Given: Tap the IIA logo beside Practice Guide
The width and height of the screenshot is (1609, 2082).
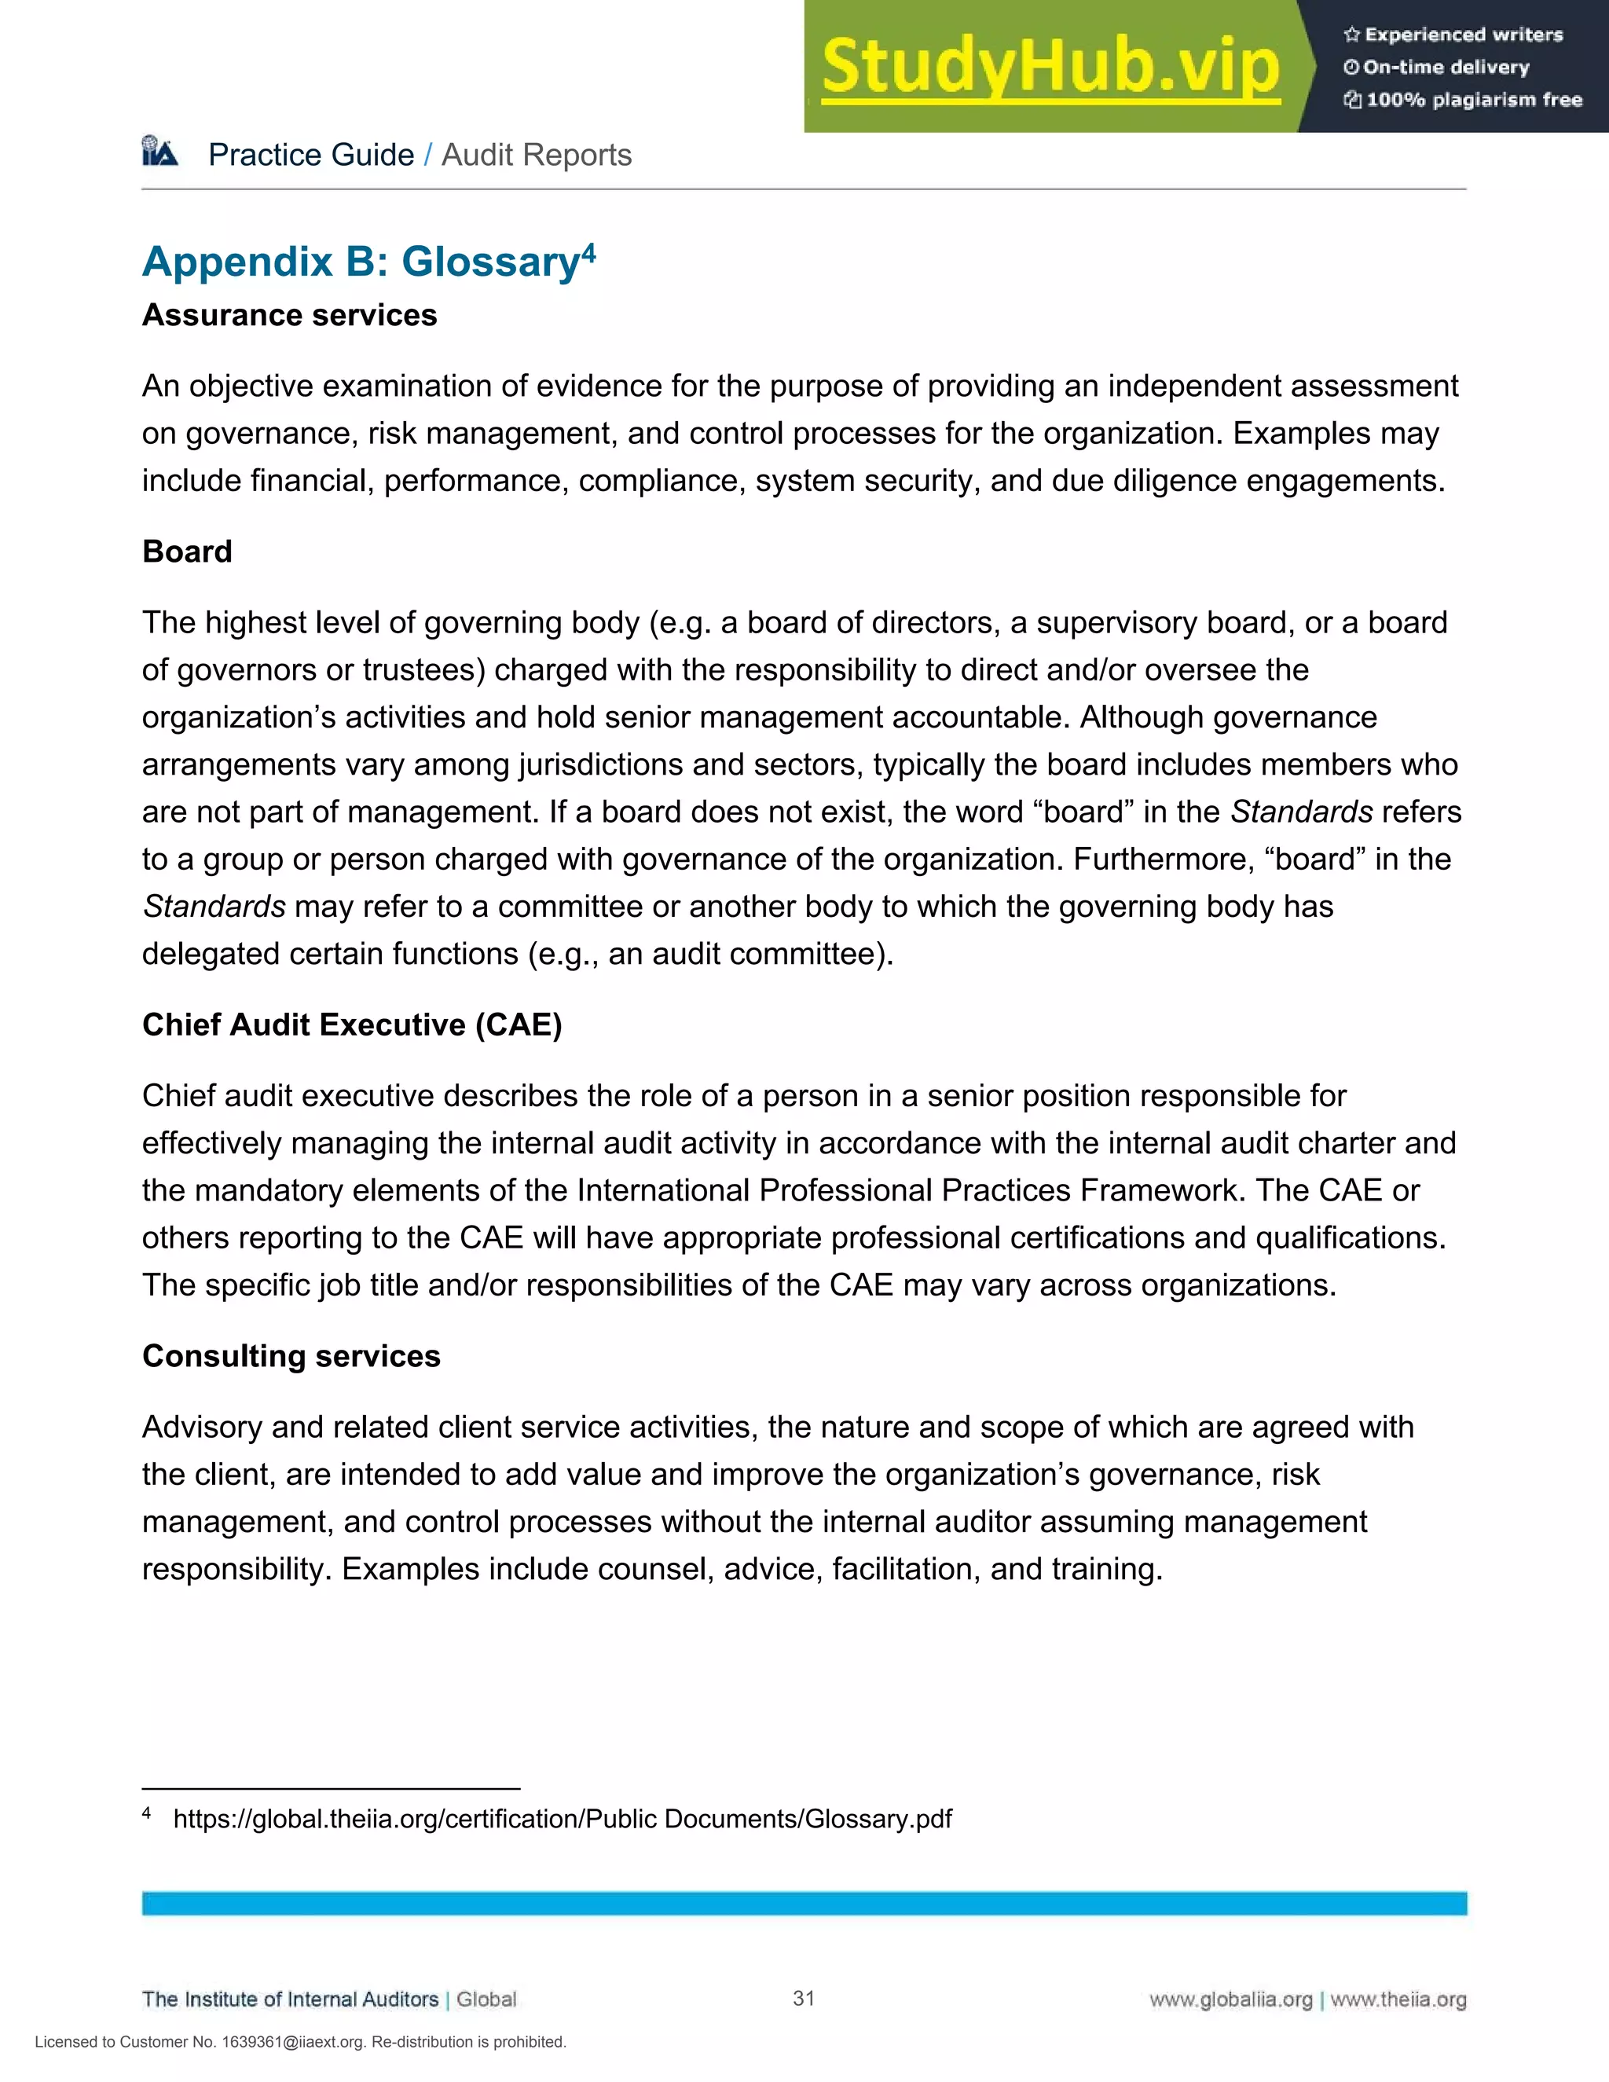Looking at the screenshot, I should (x=160, y=152).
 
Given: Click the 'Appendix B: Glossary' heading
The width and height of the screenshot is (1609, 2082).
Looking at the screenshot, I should (x=361, y=262).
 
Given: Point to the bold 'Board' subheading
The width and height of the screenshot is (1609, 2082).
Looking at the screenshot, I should (x=187, y=551).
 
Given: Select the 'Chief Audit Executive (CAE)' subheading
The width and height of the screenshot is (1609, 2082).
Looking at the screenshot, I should (x=352, y=1024).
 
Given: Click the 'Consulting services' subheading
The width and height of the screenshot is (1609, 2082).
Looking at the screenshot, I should (x=291, y=1354).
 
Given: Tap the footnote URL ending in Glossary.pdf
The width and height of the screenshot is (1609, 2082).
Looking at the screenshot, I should (x=563, y=1818).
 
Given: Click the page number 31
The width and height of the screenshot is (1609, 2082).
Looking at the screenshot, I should (x=804, y=1998).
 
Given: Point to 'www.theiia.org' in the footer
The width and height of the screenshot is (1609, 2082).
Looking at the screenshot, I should (x=1398, y=1999).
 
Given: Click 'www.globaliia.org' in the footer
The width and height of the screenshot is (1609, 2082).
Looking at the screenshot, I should (x=1230, y=1999).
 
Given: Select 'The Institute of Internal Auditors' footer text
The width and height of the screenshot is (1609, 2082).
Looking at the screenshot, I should (x=290, y=1999).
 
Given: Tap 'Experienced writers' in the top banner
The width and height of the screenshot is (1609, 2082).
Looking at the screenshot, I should (x=1463, y=35).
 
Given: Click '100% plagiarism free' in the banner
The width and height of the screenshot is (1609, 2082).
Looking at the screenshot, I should (x=1473, y=100).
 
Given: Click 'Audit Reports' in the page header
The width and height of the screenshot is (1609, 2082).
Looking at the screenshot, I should (x=537, y=155).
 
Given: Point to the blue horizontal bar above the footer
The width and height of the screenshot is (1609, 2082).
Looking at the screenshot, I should (x=804, y=1904).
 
